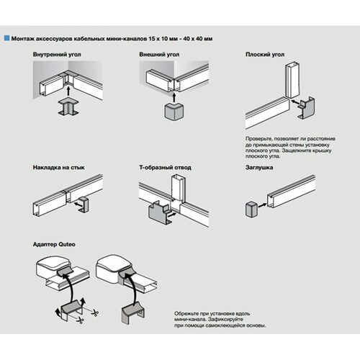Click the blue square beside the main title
click(6, 38)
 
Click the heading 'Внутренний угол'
click(57, 55)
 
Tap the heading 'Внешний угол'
click(159, 55)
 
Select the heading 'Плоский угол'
click(265, 55)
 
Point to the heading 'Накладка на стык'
click(58, 167)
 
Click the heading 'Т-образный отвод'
click(165, 167)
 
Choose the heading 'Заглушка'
click(259, 167)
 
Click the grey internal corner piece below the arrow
click(68, 107)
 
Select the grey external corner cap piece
click(174, 111)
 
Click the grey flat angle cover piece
click(306, 108)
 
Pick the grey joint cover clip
click(84, 204)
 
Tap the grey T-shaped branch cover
click(158, 212)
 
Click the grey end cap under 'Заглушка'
click(251, 210)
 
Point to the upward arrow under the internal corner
click(68, 91)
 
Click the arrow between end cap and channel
click(262, 205)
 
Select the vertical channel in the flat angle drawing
click(292, 80)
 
